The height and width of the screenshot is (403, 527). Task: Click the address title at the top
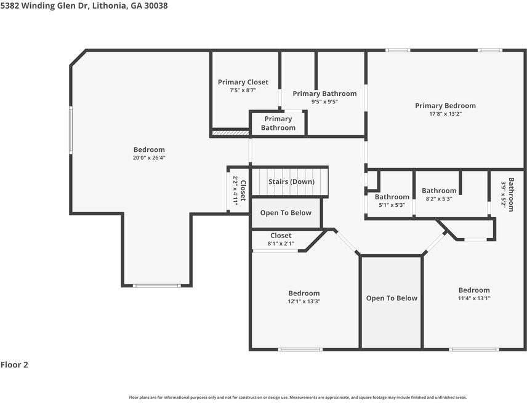(x=84, y=6)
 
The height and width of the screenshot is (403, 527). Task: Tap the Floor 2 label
(x=14, y=365)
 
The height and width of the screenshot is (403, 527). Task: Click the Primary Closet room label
(x=243, y=82)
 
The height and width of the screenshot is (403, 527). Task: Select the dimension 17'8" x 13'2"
(x=445, y=114)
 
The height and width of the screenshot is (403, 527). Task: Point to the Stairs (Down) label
(x=291, y=182)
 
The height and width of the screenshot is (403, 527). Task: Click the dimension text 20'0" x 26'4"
(x=149, y=158)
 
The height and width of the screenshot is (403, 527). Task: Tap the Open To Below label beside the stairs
(x=286, y=213)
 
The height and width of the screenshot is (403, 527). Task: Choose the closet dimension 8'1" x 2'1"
(x=281, y=244)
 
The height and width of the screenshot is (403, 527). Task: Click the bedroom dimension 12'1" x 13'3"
(x=304, y=301)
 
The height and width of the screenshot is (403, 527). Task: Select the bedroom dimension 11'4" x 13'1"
(x=474, y=298)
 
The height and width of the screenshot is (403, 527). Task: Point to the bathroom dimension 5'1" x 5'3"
(x=392, y=205)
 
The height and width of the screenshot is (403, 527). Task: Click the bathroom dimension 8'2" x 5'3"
(x=439, y=199)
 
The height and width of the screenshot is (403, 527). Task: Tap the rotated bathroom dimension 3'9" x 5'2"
(x=504, y=195)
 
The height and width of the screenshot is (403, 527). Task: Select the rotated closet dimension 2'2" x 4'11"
(x=235, y=190)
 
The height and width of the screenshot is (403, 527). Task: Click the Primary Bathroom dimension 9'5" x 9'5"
(x=324, y=102)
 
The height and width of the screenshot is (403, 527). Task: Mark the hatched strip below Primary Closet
(x=230, y=133)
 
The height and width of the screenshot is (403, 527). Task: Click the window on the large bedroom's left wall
(x=71, y=130)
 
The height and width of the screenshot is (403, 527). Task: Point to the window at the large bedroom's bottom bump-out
(x=156, y=286)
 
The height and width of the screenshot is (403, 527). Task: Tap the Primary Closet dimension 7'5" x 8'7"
(x=243, y=90)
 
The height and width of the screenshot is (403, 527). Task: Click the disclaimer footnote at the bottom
(x=298, y=397)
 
